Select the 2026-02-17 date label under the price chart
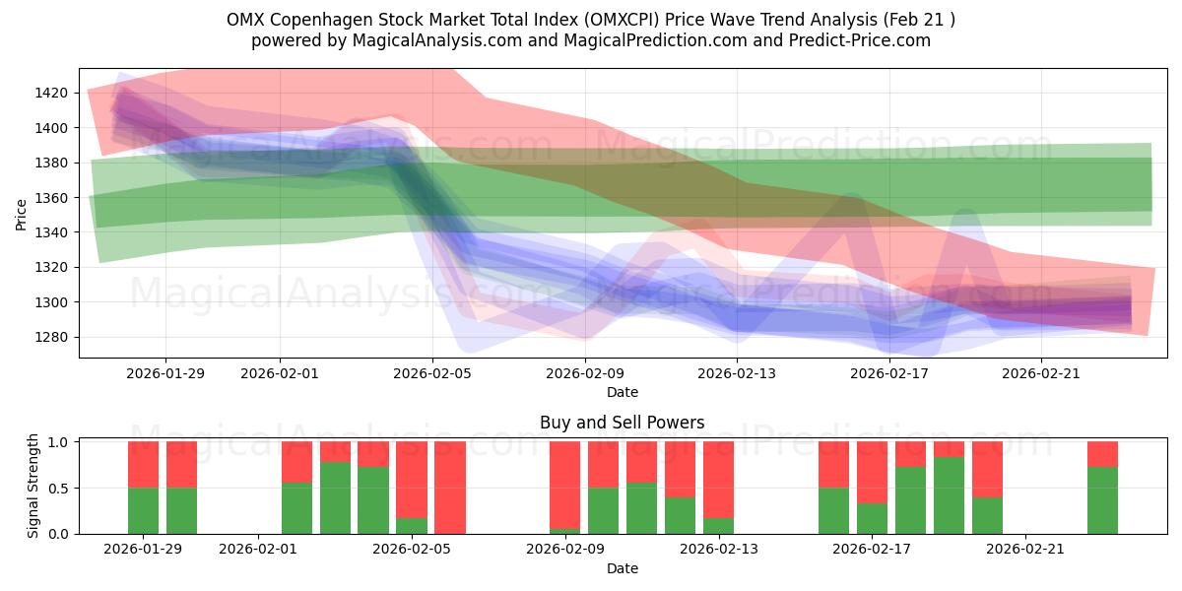(889, 373)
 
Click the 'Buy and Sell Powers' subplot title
(622, 423)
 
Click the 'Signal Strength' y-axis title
(33, 485)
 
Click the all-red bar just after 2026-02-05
(450, 488)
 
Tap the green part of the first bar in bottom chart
(143, 510)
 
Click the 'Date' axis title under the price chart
(622, 392)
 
